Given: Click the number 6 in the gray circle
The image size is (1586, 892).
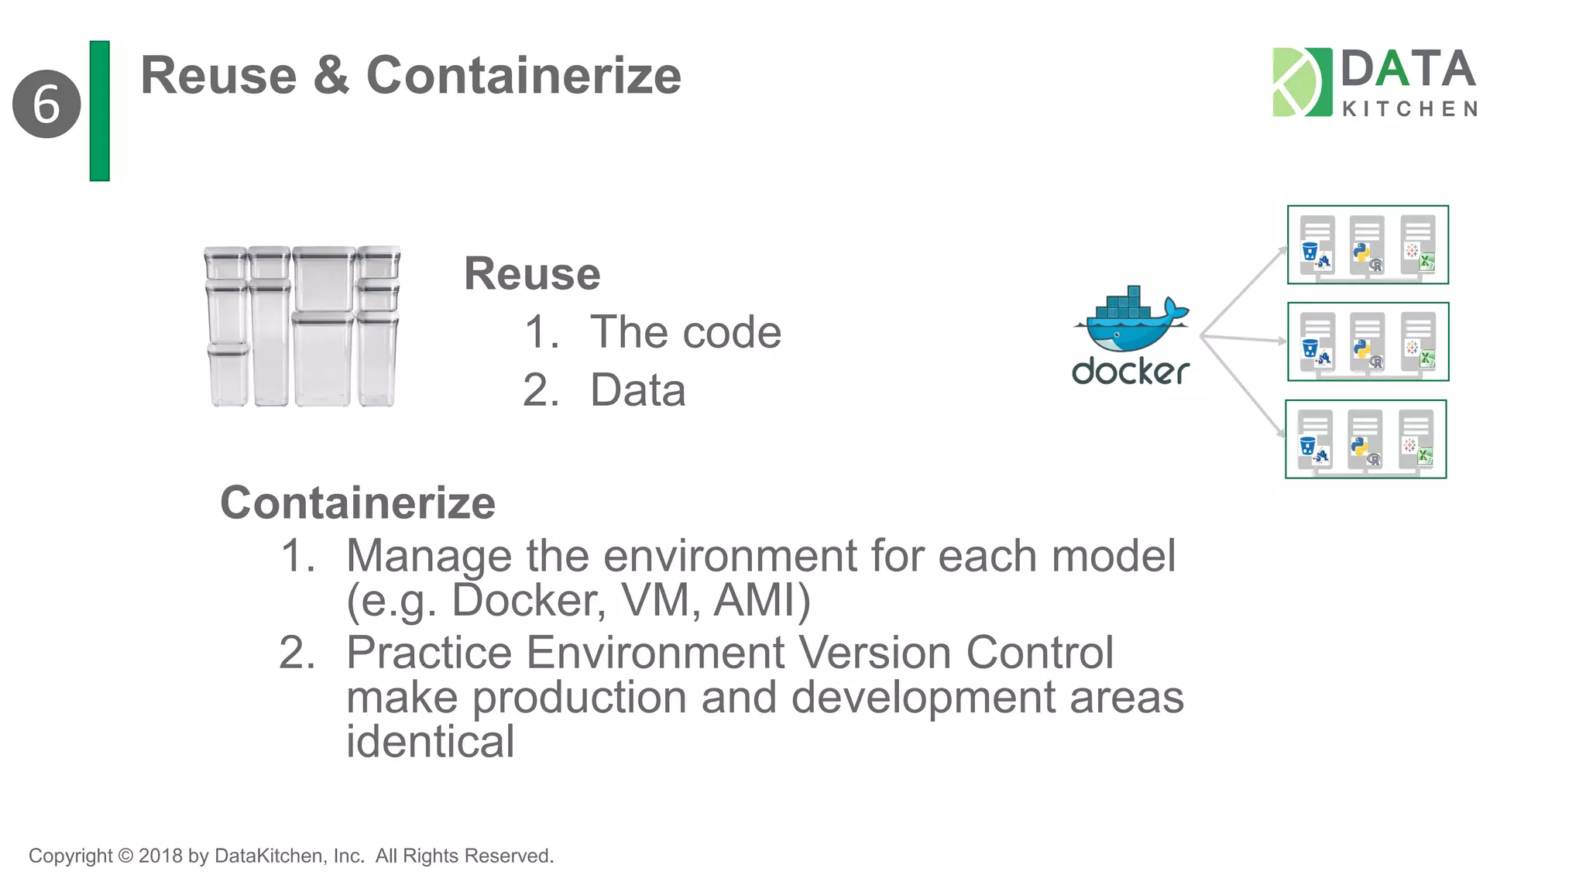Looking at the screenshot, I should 46,104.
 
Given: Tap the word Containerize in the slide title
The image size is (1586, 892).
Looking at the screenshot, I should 524,76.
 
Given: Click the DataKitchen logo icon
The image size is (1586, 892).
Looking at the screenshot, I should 1302,82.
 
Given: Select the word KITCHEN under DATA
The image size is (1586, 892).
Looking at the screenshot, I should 1409,109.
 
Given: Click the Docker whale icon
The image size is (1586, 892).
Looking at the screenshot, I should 1131,321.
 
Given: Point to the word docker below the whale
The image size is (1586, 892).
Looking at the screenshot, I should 1130,372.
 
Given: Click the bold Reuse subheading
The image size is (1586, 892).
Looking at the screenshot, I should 532,274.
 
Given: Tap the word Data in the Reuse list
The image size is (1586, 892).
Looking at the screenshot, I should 637,390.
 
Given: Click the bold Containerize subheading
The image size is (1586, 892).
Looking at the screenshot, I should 358,503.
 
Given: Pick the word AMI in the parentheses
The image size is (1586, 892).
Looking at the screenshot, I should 756,600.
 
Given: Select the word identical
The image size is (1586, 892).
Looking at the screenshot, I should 430,742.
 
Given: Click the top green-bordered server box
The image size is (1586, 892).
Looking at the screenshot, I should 1368,245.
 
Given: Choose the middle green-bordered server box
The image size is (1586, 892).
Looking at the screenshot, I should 1368,341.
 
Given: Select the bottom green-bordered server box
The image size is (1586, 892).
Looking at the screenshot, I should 1365,439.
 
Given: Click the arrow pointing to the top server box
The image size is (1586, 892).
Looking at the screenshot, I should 1244,290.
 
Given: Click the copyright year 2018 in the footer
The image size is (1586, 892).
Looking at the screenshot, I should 160,856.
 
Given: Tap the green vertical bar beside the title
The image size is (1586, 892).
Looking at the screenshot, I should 100,111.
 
